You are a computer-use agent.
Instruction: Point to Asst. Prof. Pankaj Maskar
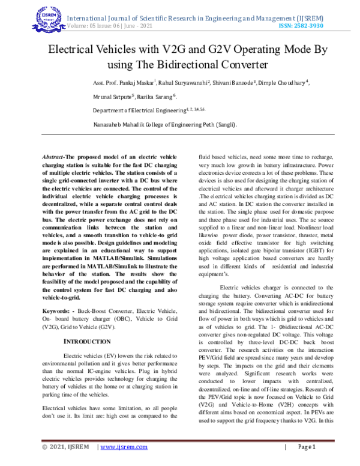124,82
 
